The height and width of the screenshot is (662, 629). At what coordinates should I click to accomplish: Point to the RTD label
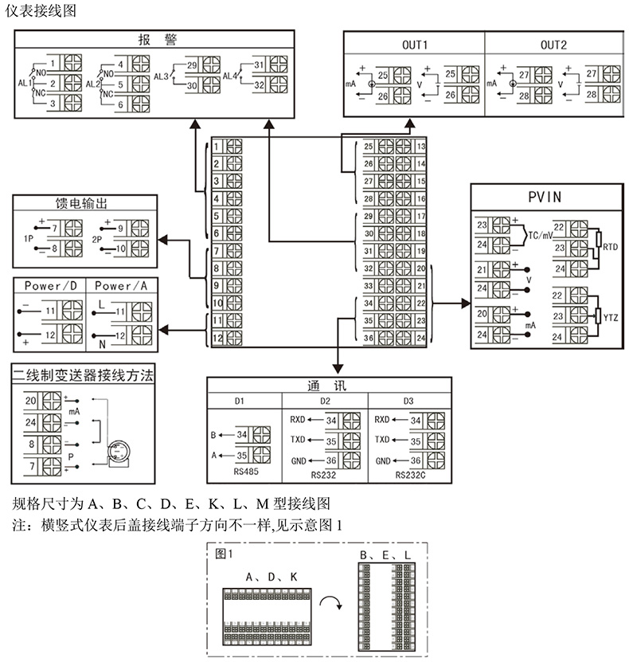coord(611,247)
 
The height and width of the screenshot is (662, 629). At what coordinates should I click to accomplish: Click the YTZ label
coord(611,317)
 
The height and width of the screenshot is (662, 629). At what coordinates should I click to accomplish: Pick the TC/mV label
coord(541,237)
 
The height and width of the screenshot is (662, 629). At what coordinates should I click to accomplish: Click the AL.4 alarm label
coord(230,76)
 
